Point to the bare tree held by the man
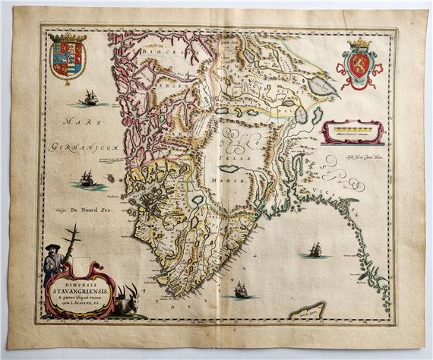click(x=70, y=243)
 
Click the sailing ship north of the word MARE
click(x=90, y=98)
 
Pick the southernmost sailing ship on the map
click(x=240, y=290)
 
